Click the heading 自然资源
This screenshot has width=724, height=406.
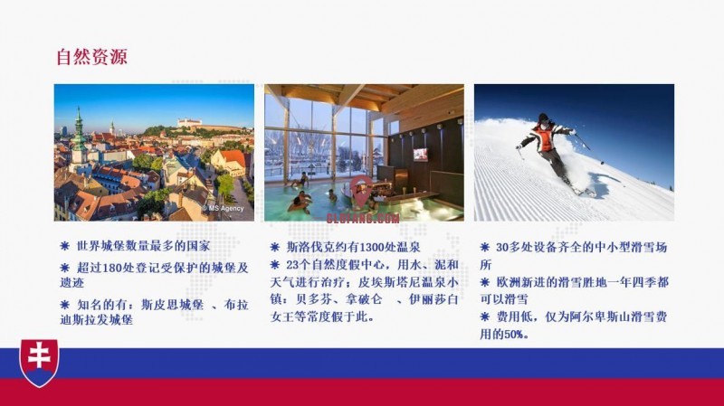91,57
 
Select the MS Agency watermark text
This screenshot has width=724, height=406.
224,208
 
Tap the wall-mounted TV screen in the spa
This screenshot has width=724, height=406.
420,154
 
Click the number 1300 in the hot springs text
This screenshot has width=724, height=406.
372,247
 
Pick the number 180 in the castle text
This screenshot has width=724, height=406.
111,268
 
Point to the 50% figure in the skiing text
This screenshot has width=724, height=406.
515,335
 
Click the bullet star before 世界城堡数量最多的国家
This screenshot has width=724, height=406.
64,246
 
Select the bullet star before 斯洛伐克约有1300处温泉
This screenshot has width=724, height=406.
275,247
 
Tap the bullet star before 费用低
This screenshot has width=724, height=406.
485,317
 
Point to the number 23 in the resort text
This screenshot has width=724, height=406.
292,265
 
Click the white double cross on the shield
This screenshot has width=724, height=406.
39,355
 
